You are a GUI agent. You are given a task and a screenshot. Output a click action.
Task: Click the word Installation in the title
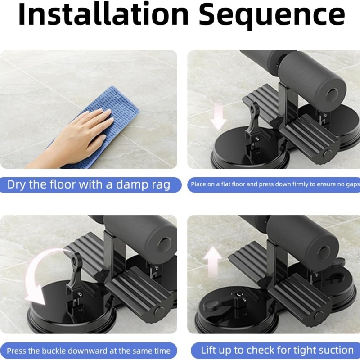point(103,14)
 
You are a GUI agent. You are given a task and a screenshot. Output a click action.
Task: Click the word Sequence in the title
point(272,16)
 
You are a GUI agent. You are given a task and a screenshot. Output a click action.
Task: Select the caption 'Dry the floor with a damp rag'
point(89,185)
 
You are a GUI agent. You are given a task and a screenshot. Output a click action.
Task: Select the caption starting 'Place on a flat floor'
point(275,184)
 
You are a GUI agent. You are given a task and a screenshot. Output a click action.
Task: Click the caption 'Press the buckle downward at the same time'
point(89,351)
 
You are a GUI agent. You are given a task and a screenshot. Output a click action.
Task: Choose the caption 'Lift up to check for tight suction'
point(277,350)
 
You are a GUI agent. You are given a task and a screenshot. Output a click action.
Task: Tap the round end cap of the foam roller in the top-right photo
point(332,94)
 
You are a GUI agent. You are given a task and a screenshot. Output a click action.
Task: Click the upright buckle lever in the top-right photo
point(253,119)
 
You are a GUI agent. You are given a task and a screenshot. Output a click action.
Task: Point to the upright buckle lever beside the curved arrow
point(75,271)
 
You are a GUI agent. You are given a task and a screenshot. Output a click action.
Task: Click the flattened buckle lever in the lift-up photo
point(220,302)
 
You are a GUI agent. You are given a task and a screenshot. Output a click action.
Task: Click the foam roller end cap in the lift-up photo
point(324,252)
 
